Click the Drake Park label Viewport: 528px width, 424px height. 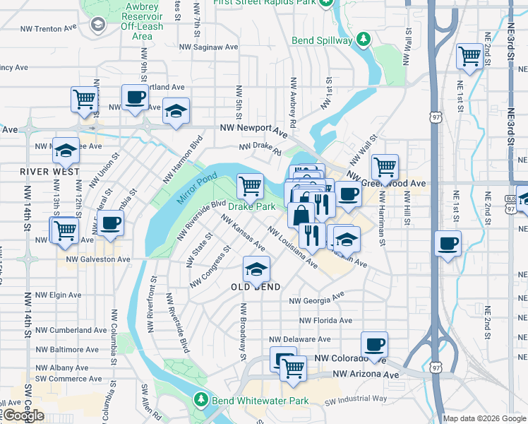[x=251, y=206]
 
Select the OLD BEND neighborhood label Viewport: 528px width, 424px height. [x=256, y=287]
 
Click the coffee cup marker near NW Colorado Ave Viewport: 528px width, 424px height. [x=374, y=345]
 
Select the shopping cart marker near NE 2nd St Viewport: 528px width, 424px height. [x=469, y=56]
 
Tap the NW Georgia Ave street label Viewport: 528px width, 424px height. [x=317, y=298]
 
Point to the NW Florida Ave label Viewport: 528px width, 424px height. [x=324, y=320]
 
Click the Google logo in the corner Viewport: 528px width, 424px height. [x=23, y=416]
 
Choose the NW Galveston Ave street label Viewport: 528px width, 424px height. [x=98, y=259]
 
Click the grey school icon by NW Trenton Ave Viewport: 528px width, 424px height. [x=97, y=25]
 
